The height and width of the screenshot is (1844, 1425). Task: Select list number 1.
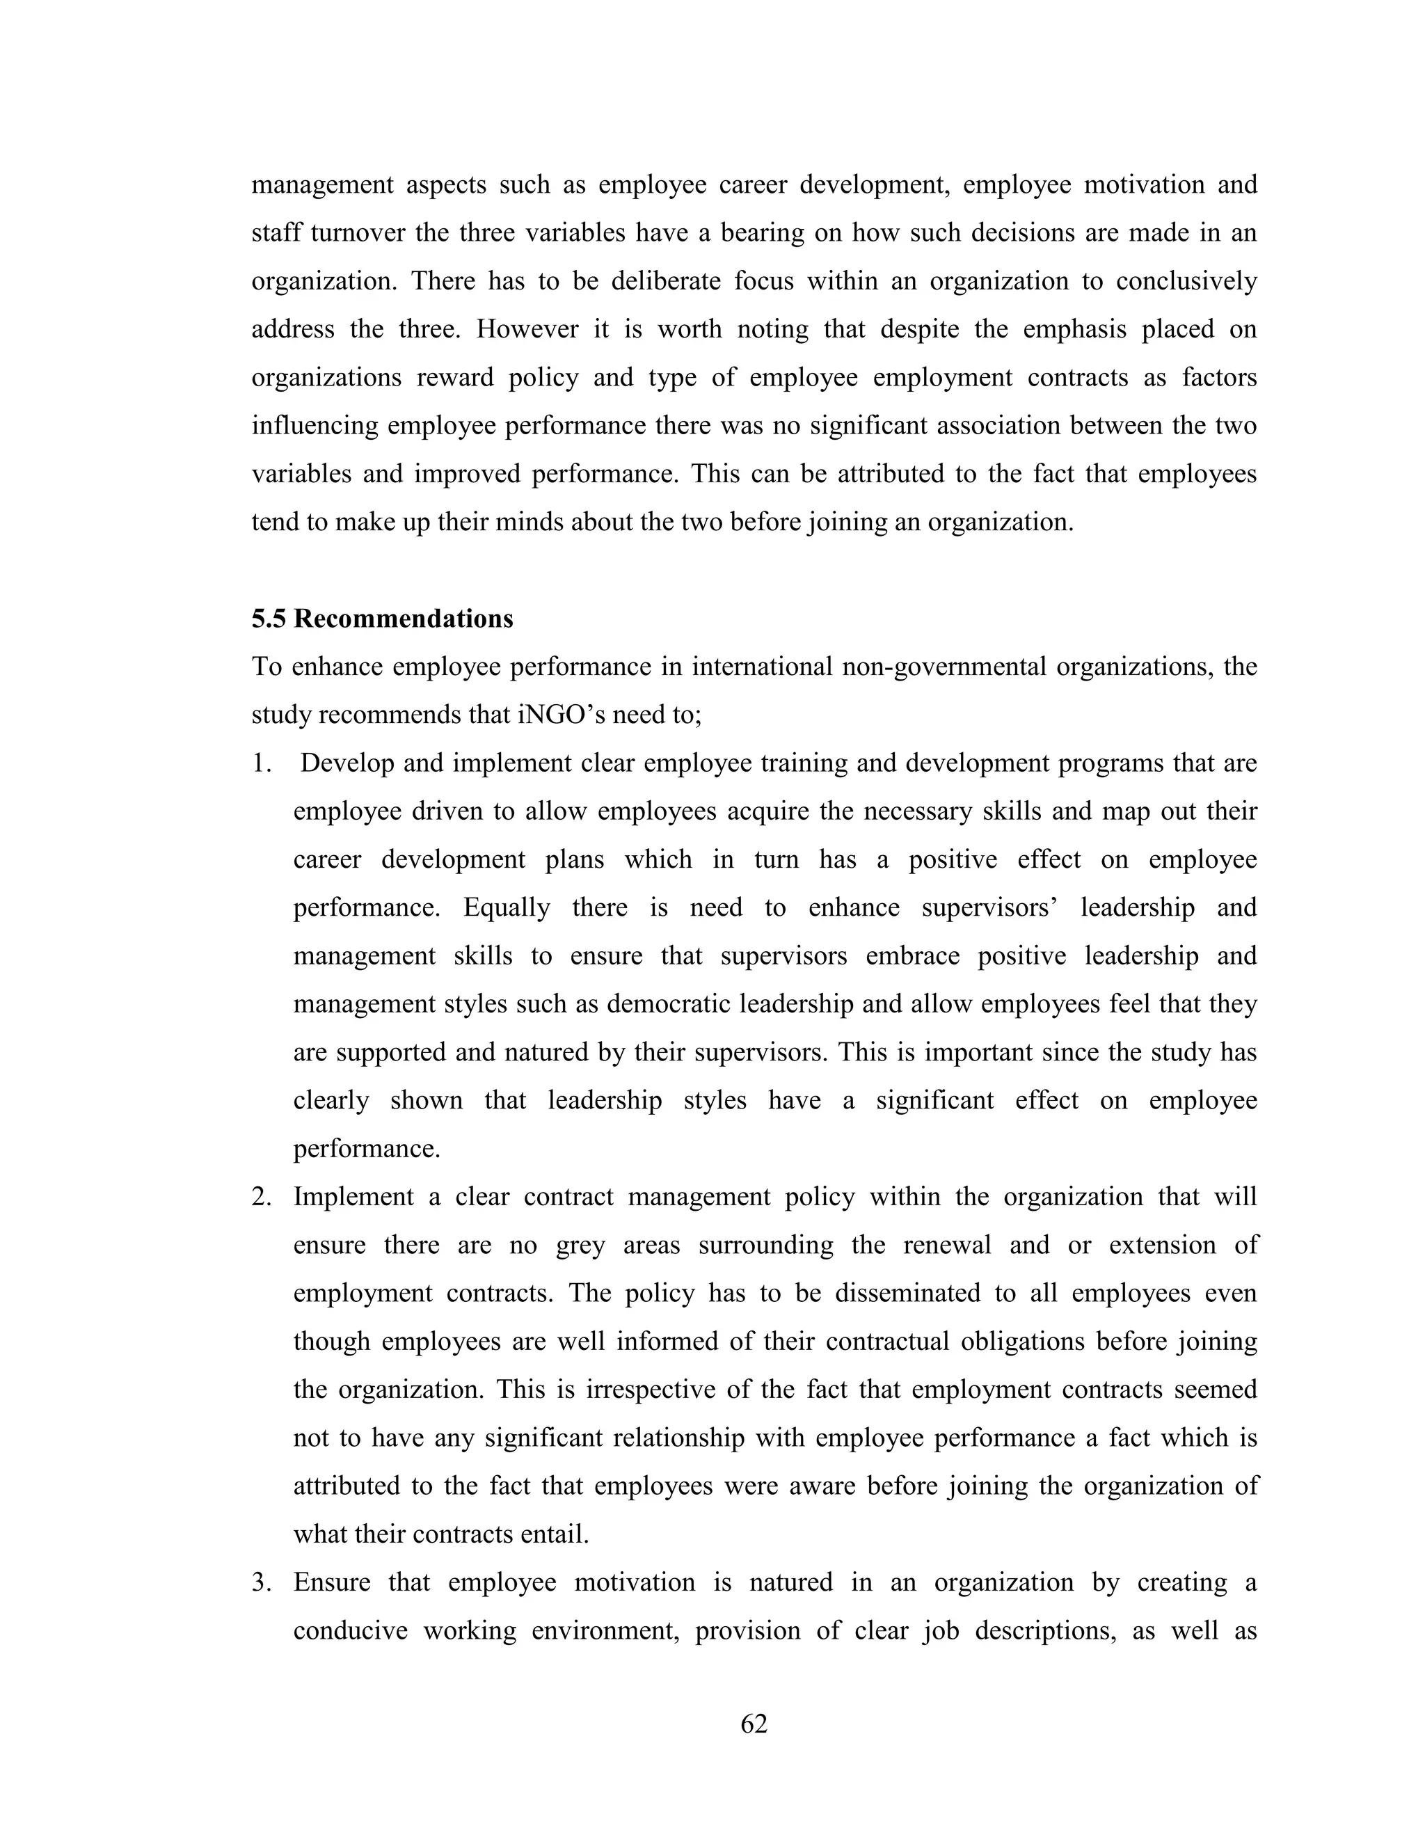click(x=260, y=763)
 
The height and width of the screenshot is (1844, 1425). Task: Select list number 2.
click(x=260, y=1198)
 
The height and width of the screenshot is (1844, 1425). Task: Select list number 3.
click(x=260, y=1582)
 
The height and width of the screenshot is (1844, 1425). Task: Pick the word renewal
click(x=947, y=1246)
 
